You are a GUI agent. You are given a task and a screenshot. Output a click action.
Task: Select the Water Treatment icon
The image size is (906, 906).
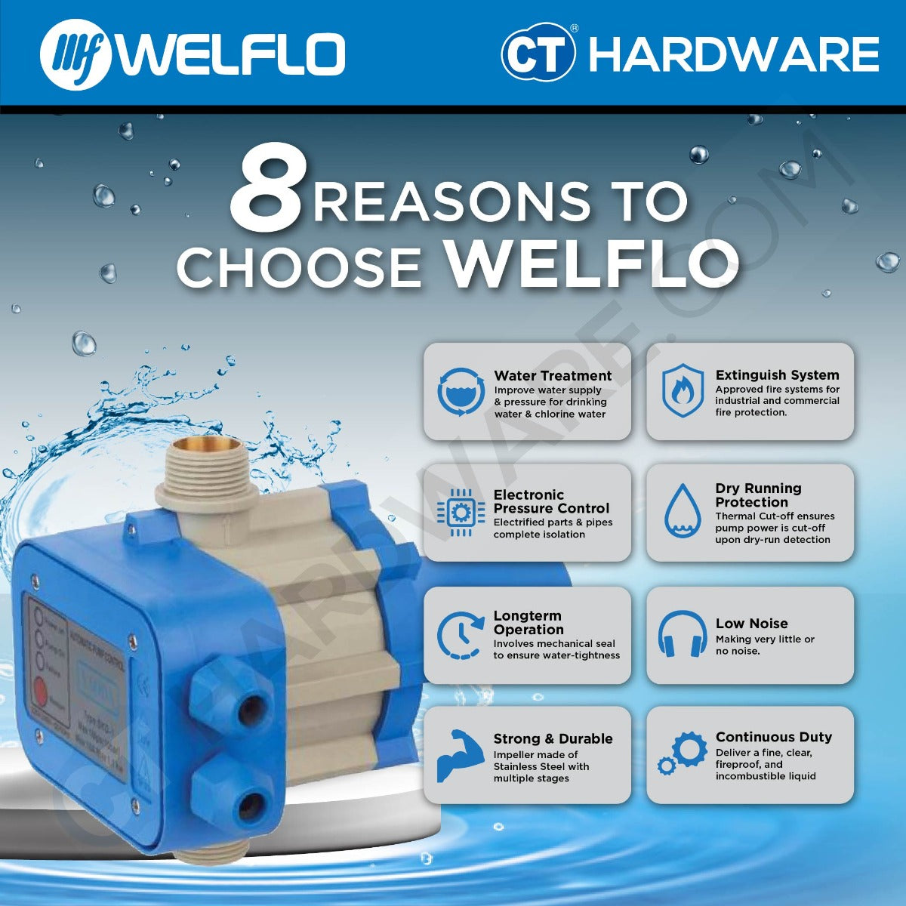coord(461,393)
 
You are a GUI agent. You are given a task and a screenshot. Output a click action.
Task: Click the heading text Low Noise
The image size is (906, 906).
coord(751,624)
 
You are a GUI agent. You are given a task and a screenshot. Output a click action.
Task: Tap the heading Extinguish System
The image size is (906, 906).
coord(777,375)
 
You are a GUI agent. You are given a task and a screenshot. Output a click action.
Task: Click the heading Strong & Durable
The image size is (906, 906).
coord(553,739)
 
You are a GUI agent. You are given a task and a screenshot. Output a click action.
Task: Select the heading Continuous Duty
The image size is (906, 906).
coord(773,737)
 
